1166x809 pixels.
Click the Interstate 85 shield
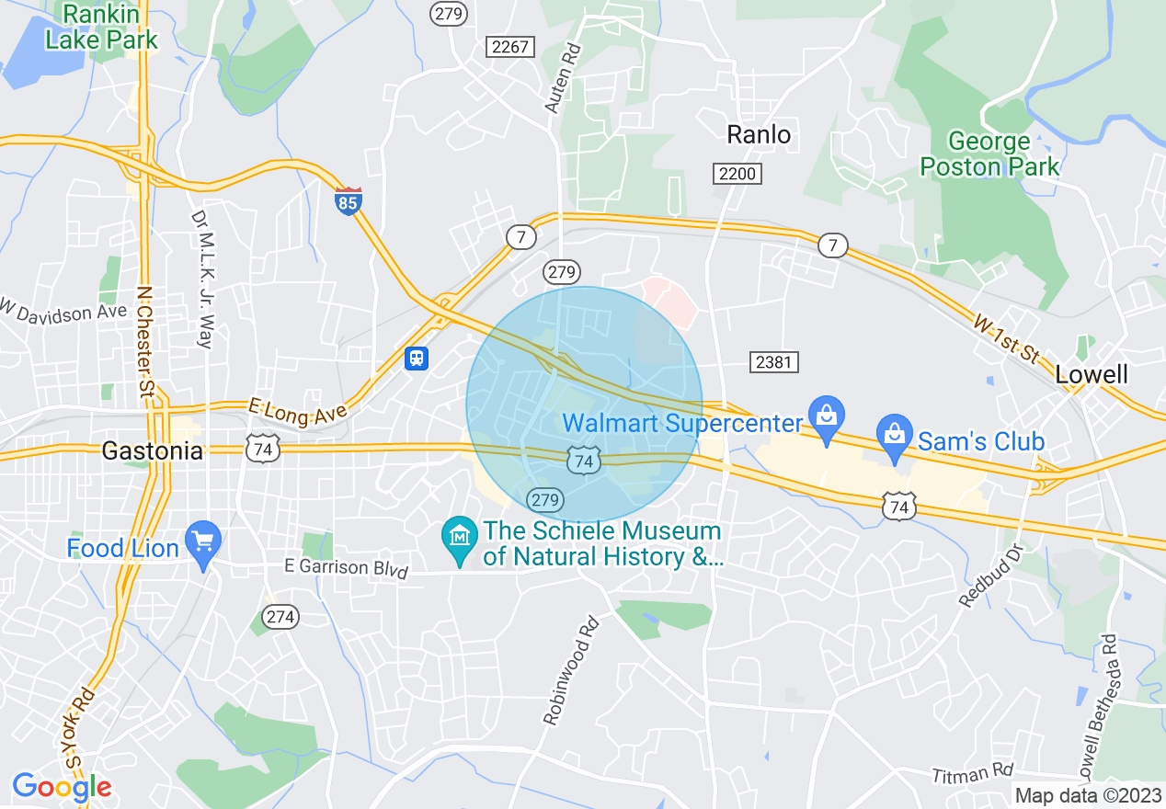coord(348,200)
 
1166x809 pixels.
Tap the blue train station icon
coord(417,358)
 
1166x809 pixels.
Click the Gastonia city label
coord(153,451)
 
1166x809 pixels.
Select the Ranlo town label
coord(759,135)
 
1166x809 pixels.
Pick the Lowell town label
coord(1092,374)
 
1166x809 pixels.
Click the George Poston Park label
coord(989,154)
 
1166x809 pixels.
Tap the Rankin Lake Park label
coord(101,28)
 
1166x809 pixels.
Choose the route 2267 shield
coord(510,47)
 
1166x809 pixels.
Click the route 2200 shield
coord(737,173)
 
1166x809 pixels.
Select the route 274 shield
coord(280,617)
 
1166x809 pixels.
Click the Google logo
coord(62,787)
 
